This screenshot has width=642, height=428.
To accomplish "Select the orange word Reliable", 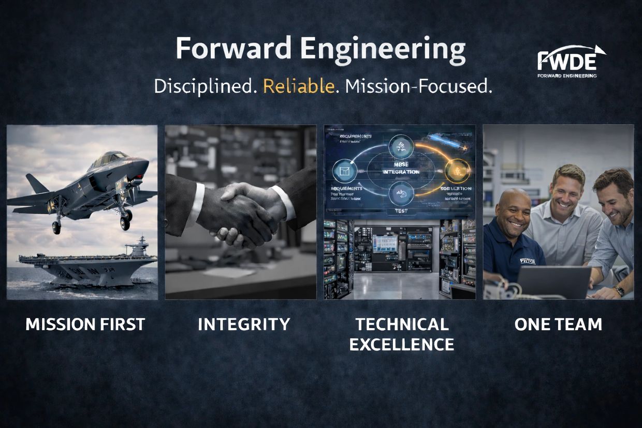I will [x=299, y=85].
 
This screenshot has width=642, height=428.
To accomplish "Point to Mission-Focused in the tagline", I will [x=418, y=85].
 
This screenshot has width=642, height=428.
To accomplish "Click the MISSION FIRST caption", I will [x=85, y=324].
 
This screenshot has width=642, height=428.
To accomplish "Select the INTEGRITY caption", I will [x=244, y=324].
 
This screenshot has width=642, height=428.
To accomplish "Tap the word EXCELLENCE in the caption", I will [x=401, y=344].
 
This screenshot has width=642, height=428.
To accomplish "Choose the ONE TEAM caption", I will [x=558, y=324].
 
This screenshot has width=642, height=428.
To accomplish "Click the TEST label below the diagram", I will [x=400, y=211].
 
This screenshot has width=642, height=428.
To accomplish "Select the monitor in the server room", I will [x=385, y=243].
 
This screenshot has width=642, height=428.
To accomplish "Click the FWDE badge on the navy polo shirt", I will [x=527, y=260].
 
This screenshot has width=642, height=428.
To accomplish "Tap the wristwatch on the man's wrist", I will [x=619, y=291].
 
